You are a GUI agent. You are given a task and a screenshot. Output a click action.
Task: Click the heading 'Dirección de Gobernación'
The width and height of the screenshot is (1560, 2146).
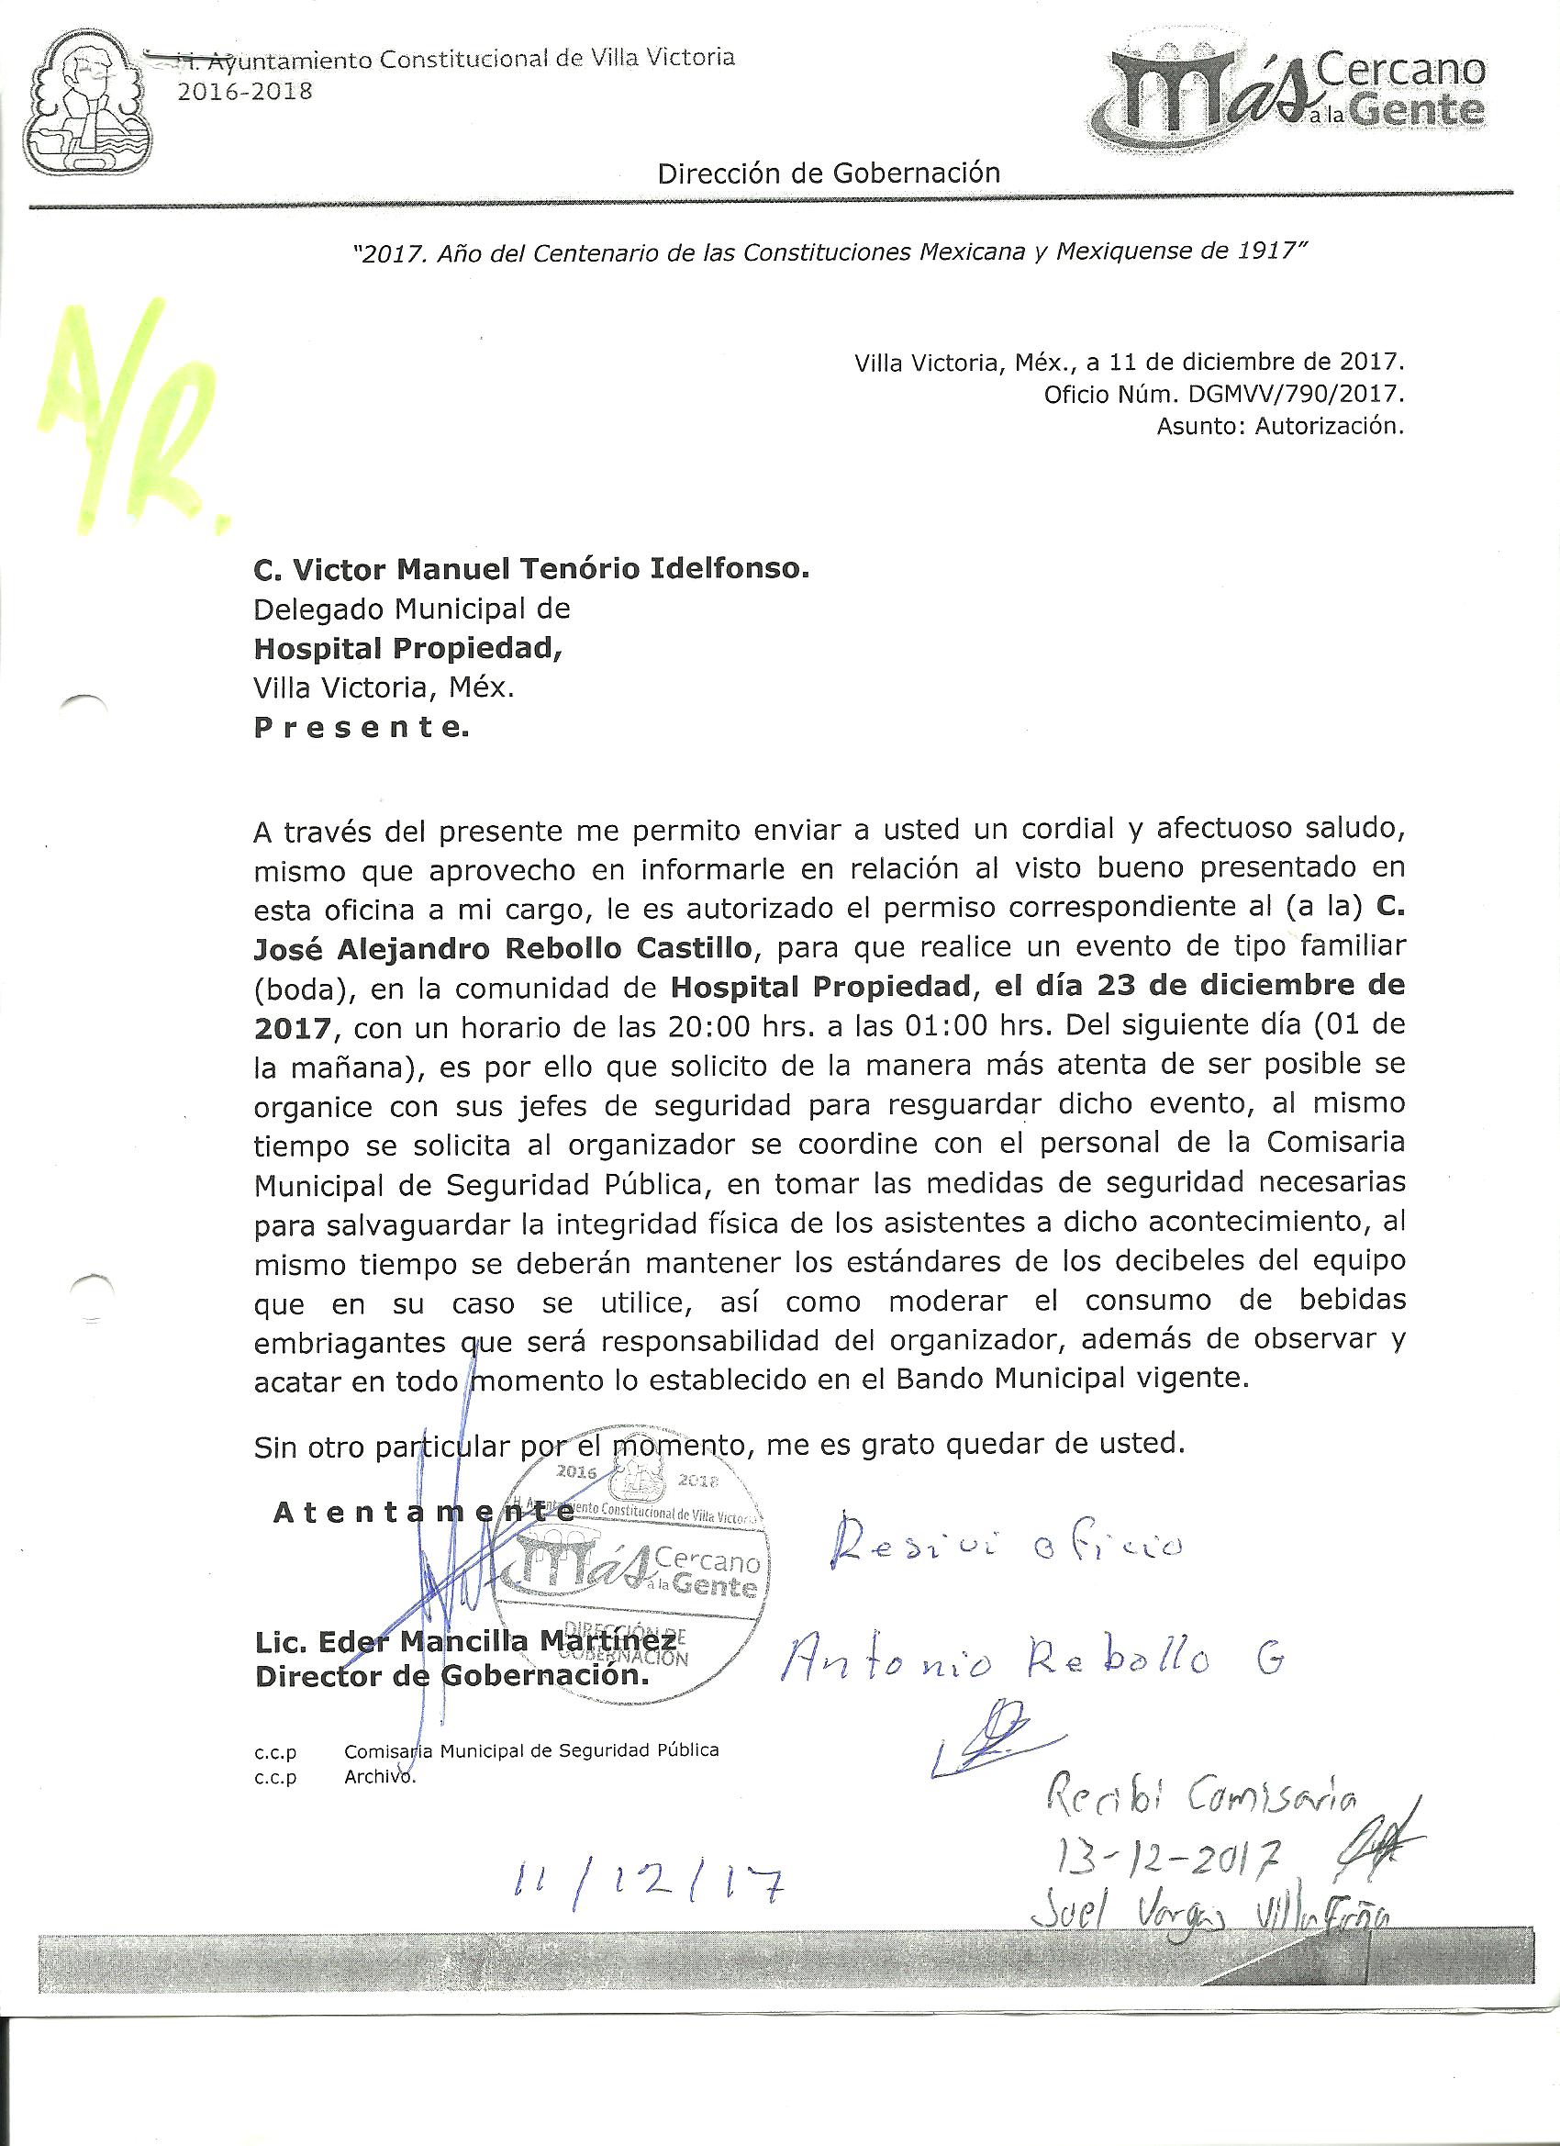click(x=829, y=173)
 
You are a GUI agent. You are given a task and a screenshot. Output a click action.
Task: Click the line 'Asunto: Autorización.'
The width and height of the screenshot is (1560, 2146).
click(x=1280, y=426)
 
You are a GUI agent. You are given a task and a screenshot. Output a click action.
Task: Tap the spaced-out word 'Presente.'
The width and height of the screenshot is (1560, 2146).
click(x=362, y=728)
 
